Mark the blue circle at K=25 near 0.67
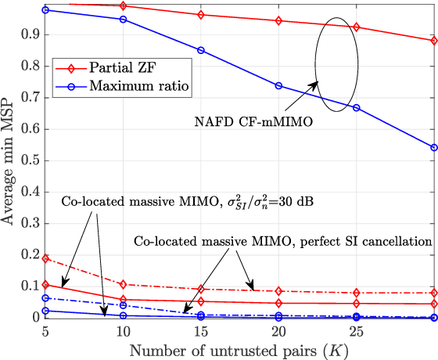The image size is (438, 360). (x=357, y=107)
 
